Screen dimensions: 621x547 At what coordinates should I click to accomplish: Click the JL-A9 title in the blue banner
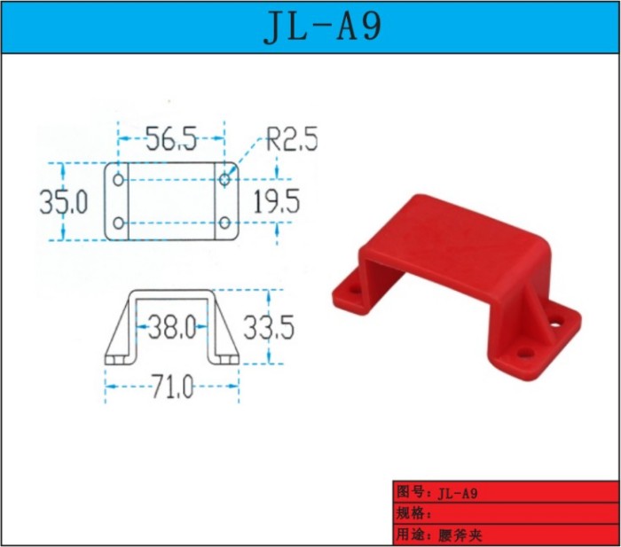pos(322,26)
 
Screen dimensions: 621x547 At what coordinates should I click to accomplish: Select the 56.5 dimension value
pos(171,139)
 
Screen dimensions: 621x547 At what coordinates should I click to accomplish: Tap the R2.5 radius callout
pos(292,139)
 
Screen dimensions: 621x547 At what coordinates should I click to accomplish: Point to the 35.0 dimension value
pos(63,202)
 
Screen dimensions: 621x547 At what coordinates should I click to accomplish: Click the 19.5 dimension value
pos(276,201)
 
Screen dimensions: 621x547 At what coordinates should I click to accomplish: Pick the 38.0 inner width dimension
pos(172,327)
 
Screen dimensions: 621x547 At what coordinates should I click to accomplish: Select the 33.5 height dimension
pos(269,327)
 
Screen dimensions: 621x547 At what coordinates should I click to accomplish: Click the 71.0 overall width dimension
pos(173,387)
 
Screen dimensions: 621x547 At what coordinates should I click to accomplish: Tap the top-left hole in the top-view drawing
pos(118,180)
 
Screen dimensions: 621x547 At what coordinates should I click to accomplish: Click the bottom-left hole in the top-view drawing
pos(118,223)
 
